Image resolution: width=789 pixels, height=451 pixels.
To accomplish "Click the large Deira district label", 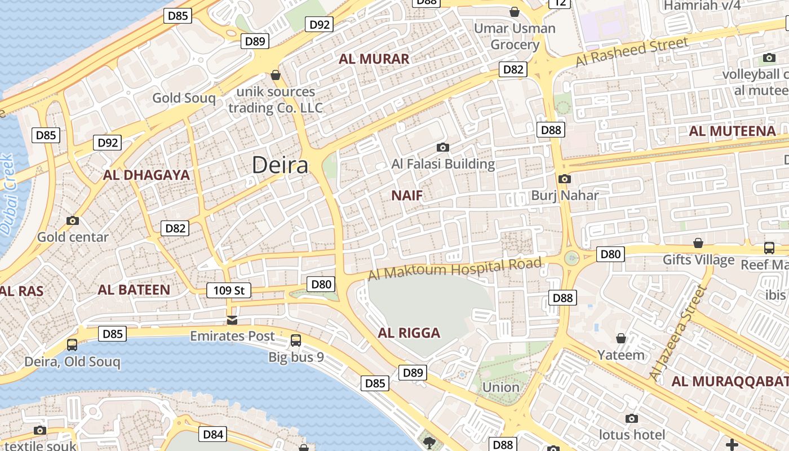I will pyautogui.click(x=280, y=165).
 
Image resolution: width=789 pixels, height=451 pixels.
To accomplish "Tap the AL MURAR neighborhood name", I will pyautogui.click(x=374, y=59).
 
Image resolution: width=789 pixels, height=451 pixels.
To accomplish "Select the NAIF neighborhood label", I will pyautogui.click(x=406, y=196).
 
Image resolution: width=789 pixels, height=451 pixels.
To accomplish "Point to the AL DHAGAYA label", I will pyautogui.click(x=146, y=175).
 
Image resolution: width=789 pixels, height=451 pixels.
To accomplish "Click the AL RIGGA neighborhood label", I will pyautogui.click(x=409, y=333).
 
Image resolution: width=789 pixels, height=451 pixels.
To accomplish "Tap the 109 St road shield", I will pyautogui.click(x=229, y=290).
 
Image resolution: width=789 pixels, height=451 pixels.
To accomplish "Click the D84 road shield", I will pyautogui.click(x=213, y=434).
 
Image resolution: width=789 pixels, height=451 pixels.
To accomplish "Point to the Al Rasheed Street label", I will pyautogui.click(x=632, y=52).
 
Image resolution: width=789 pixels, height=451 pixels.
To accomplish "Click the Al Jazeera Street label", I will pyautogui.click(x=677, y=333).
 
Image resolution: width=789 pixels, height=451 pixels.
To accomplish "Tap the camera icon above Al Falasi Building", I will pyautogui.click(x=443, y=148).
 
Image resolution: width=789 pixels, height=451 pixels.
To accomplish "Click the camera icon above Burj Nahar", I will pyautogui.click(x=564, y=179).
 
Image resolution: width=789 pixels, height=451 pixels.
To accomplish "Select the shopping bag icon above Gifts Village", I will pyautogui.click(x=698, y=243).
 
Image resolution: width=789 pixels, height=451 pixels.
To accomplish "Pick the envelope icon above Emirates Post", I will pyautogui.click(x=232, y=320).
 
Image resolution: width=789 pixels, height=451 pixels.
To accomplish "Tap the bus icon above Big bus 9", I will pyautogui.click(x=296, y=340).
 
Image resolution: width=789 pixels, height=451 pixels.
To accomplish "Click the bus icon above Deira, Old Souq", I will pyautogui.click(x=72, y=344).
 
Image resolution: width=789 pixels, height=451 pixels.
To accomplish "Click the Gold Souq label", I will pyautogui.click(x=184, y=98).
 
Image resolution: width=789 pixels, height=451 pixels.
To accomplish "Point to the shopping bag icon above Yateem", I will pyautogui.click(x=620, y=338).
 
